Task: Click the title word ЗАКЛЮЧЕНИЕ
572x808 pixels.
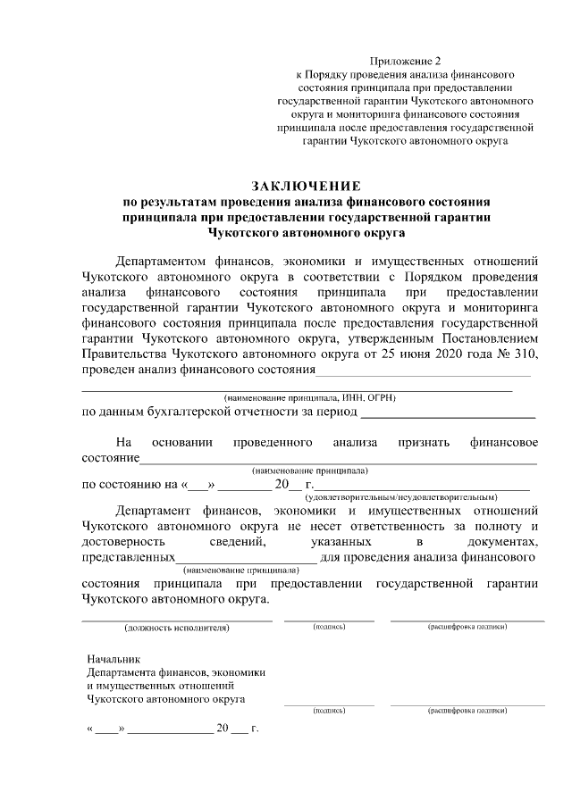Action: tap(307, 186)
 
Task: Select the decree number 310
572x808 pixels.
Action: tap(525, 354)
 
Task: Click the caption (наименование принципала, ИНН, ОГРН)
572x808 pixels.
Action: tap(309, 396)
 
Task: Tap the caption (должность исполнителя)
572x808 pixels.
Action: tap(177, 628)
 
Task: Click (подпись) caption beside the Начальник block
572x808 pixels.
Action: tap(329, 712)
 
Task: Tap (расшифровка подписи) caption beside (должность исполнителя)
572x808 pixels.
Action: tap(467, 628)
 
